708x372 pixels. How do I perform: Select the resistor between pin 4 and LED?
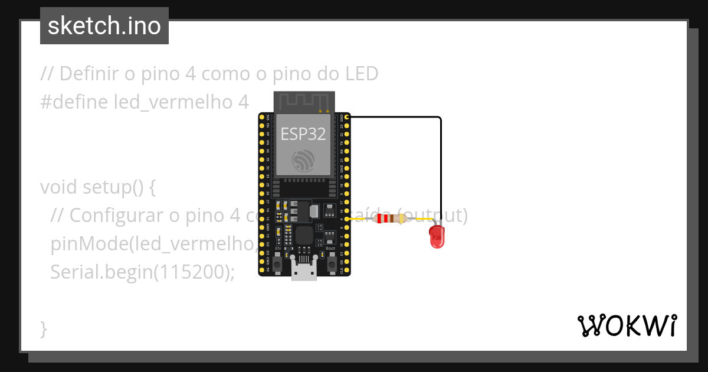[x=390, y=219]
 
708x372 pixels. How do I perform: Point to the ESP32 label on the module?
[x=303, y=134]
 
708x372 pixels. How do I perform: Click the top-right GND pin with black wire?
[x=347, y=118]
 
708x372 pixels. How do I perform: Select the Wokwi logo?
[x=627, y=325]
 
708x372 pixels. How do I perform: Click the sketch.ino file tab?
[x=104, y=26]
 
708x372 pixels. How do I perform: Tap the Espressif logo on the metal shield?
[x=303, y=160]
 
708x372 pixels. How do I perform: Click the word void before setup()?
[x=58, y=187]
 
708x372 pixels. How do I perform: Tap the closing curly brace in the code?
[x=44, y=328]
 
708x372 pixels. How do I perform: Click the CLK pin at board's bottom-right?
[x=347, y=270]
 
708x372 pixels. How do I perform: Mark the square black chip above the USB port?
[x=304, y=235]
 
